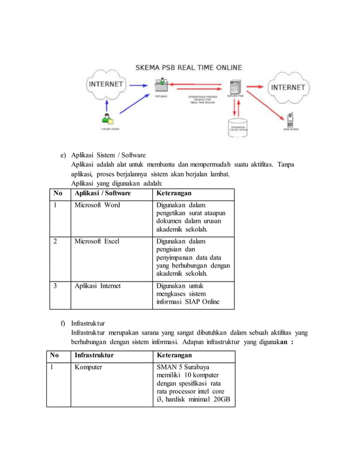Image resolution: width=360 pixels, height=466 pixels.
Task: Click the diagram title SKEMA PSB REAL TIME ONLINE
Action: click(x=188, y=68)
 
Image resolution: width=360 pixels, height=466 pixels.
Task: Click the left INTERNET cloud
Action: click(x=106, y=85)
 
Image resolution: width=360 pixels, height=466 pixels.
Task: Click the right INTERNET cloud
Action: click(x=288, y=87)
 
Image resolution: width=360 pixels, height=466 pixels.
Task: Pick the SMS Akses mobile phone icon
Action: click(x=289, y=120)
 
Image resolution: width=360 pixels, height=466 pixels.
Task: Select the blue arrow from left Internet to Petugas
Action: click(x=139, y=85)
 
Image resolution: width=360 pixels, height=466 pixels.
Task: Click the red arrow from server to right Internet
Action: click(x=257, y=86)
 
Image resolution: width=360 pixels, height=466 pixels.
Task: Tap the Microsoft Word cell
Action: click(x=97, y=205)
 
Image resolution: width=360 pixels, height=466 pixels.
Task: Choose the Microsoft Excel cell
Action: click(x=97, y=241)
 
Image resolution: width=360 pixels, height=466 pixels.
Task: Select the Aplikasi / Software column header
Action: click(x=103, y=194)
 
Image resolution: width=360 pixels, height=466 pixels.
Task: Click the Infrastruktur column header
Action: click(x=94, y=355)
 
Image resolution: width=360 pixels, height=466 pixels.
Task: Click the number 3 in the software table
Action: click(x=55, y=286)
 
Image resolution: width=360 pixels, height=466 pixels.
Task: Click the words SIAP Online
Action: click(x=202, y=302)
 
